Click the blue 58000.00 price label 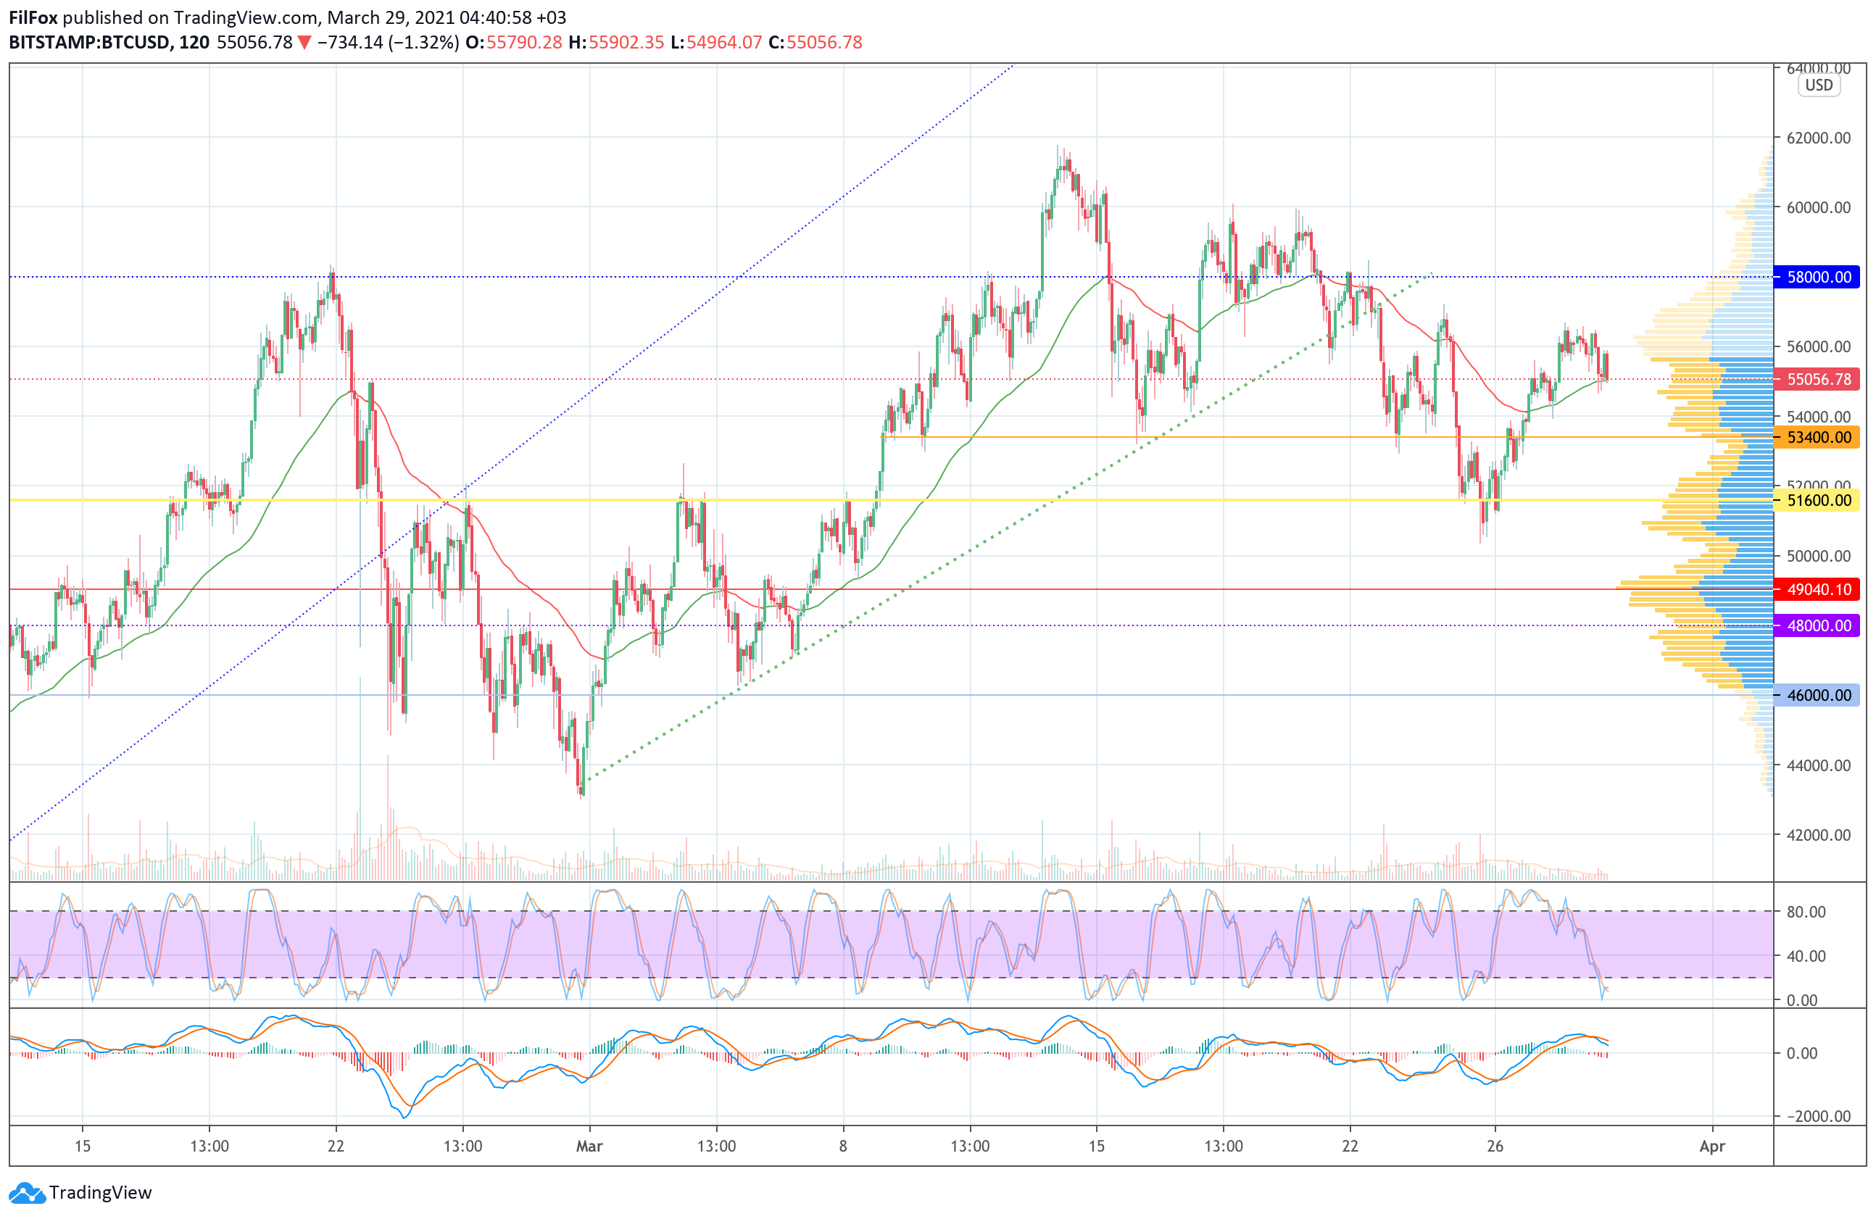pos(1818,277)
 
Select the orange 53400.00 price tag pos(1818,437)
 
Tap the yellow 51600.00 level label pos(1818,500)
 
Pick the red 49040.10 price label pos(1818,589)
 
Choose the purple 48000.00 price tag pos(1818,625)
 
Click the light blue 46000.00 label pos(1818,695)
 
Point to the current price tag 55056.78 pos(1818,379)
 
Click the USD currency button pos(1819,85)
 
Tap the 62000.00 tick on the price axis pos(1819,138)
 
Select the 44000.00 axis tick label pos(1819,765)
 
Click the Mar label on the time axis pos(589,1146)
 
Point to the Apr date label pos(1712,1146)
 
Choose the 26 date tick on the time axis pos(1495,1146)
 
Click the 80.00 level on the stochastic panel pos(1806,912)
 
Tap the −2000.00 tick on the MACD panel pos(1812,1116)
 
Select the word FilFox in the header pos(33,17)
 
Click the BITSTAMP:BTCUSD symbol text pos(90,43)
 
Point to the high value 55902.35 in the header pos(626,43)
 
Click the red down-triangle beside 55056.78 pos(304,43)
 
